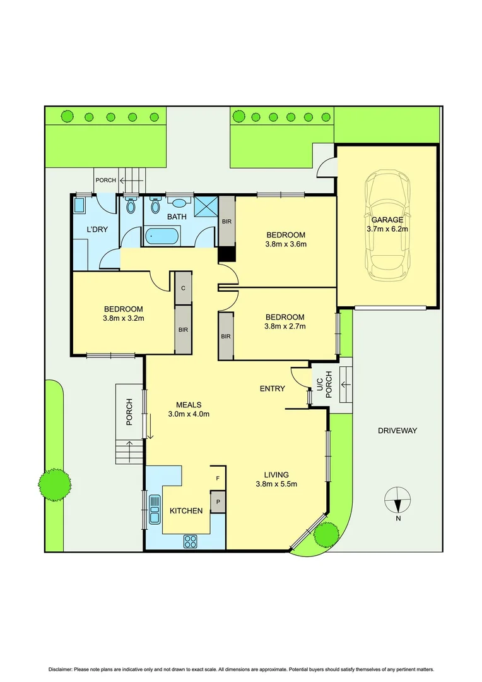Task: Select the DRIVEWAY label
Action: pos(397,431)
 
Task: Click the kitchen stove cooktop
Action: pos(190,541)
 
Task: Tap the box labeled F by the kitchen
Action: pos(218,479)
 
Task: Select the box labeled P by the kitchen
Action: pos(218,503)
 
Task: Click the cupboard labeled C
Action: pos(183,288)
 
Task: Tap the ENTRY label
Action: pos(272,389)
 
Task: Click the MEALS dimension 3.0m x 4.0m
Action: pos(189,414)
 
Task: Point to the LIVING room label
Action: pos(276,475)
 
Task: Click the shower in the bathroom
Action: pos(206,206)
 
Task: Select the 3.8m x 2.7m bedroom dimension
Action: pos(285,326)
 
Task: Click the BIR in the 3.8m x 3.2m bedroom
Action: pos(183,329)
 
